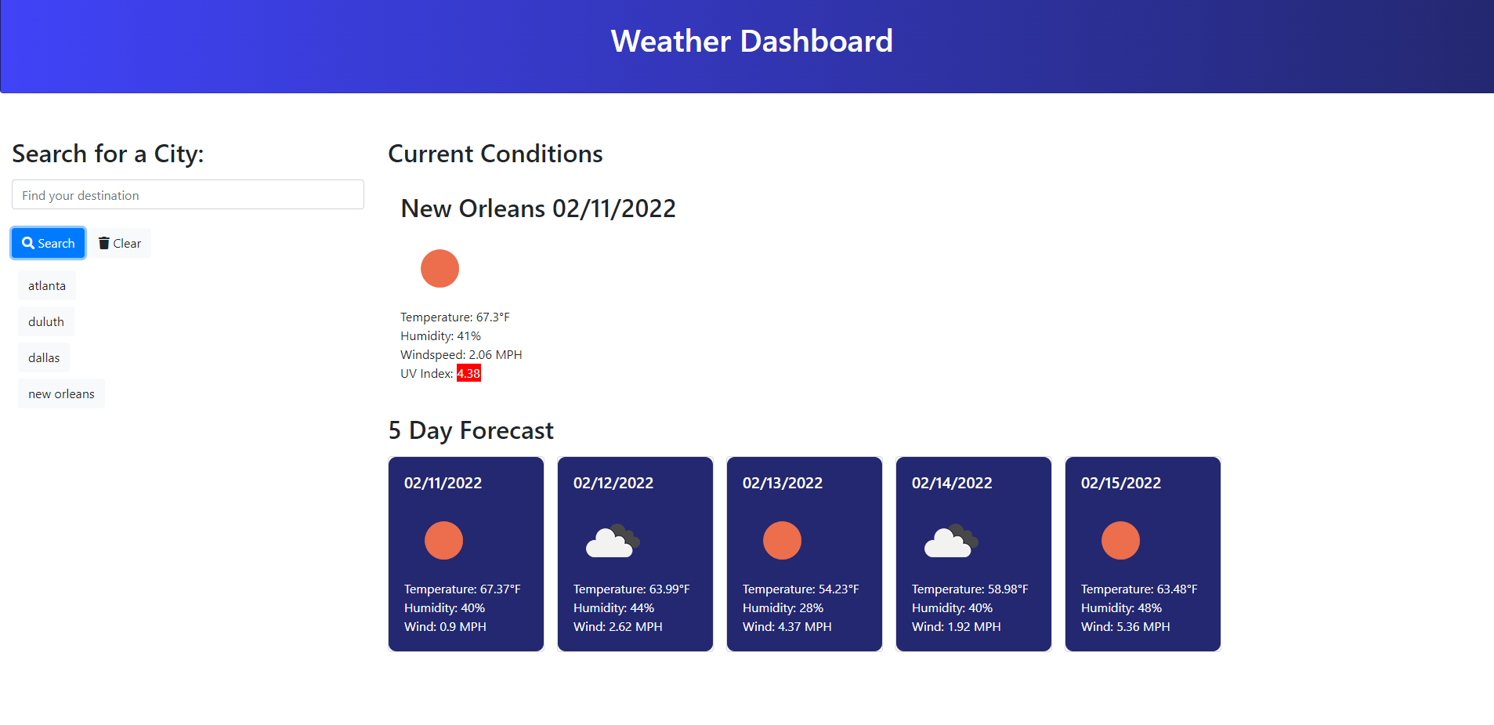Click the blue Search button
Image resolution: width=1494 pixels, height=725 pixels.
tap(48, 243)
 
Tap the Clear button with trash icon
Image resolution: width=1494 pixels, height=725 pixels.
tap(120, 243)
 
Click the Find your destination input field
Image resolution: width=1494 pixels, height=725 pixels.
tap(188, 195)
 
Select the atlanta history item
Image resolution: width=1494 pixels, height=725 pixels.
tap(47, 286)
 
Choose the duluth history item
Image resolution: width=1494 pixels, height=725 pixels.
tap(46, 322)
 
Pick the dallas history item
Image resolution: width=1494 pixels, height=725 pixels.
tap(44, 358)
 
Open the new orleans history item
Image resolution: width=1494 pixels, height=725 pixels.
tap(61, 394)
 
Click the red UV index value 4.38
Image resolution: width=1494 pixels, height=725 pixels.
tap(468, 374)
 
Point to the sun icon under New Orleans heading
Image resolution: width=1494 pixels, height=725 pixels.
tap(440, 269)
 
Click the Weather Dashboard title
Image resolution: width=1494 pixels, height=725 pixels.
tap(751, 41)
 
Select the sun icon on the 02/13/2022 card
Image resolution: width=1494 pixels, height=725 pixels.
tap(782, 541)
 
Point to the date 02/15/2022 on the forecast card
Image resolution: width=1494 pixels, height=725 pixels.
tap(1120, 483)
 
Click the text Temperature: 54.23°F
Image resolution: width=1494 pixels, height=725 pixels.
tap(800, 589)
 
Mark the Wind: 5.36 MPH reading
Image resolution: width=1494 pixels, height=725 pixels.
tap(1125, 627)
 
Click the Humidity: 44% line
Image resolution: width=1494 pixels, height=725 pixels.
tap(613, 608)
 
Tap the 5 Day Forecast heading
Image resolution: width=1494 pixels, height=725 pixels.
tap(471, 430)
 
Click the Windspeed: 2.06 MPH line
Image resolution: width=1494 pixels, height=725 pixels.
tap(461, 355)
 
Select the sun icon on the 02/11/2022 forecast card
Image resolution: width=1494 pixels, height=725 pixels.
tap(443, 541)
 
